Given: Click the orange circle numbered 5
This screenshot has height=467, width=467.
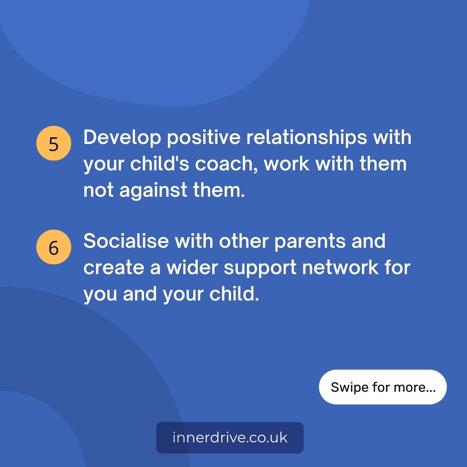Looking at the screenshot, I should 54,144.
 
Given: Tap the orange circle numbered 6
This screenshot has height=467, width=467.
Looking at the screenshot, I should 54,247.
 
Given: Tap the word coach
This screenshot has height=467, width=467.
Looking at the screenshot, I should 233,165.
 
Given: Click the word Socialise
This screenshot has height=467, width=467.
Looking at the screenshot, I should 126,241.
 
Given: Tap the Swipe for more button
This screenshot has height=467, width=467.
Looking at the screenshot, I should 383,387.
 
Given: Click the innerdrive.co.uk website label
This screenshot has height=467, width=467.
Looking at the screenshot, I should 230,438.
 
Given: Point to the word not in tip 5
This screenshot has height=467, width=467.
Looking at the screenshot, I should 99,191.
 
